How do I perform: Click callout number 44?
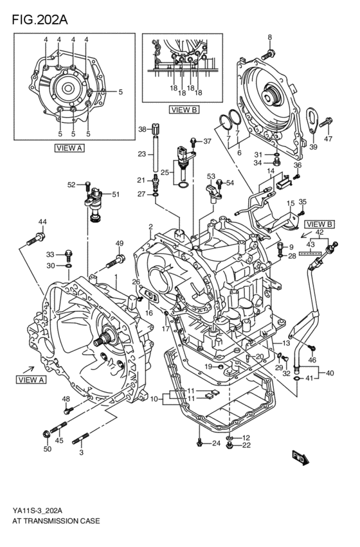[x=42, y=222]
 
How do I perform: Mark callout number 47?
[x=328, y=139]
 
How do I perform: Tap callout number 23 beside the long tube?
[x=142, y=154]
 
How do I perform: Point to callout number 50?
[x=47, y=449]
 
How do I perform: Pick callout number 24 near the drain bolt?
[x=216, y=444]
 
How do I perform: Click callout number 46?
[x=312, y=360]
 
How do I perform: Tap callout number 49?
[x=120, y=243]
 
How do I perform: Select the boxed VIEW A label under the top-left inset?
[x=70, y=147]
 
